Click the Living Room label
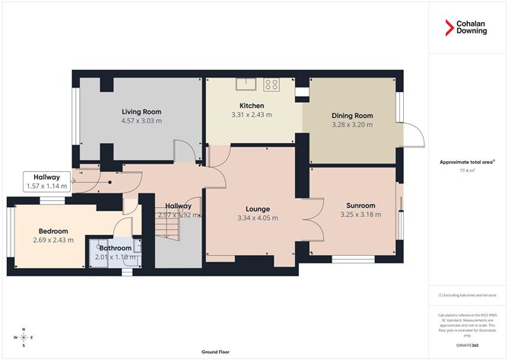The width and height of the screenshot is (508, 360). pyautogui.click(x=142, y=111)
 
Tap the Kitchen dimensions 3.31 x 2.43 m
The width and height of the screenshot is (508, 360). pyautogui.click(x=252, y=115)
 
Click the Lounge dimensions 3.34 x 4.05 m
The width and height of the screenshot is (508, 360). pyautogui.click(x=258, y=218)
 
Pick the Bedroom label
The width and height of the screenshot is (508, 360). pyautogui.click(x=53, y=231)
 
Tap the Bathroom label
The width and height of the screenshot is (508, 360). pyautogui.click(x=116, y=247)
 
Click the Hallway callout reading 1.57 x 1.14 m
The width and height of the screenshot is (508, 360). pyautogui.click(x=46, y=186)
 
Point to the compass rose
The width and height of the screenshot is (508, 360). pyautogui.click(x=24, y=336)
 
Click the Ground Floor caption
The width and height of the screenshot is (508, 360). pyautogui.click(x=215, y=352)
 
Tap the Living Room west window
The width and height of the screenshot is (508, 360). pyautogui.click(x=75, y=117)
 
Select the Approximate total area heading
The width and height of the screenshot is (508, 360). pyautogui.click(x=467, y=162)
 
